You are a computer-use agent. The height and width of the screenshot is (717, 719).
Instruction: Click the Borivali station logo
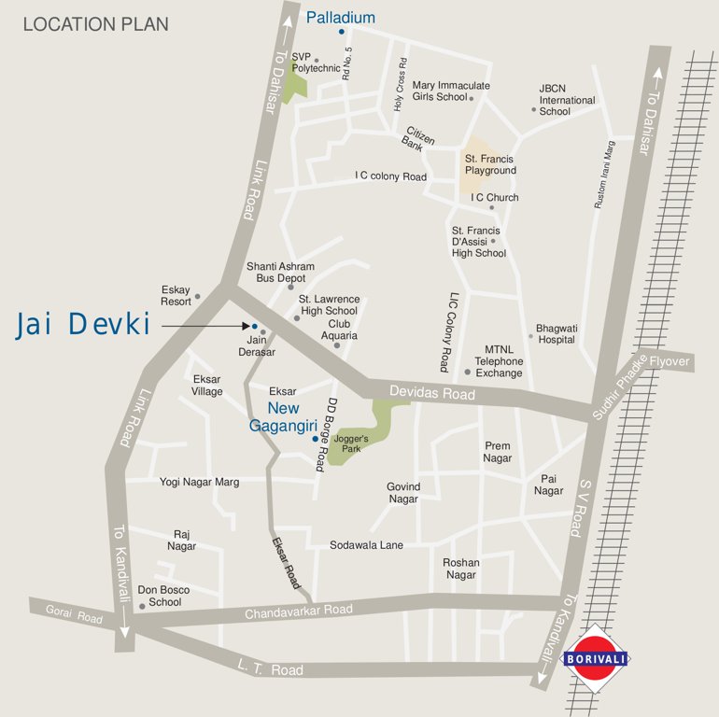594,658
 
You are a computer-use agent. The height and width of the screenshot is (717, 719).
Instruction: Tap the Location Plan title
96,24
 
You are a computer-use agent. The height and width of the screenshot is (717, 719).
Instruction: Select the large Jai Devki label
83,325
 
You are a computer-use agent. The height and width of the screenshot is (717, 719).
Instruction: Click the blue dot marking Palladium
342,32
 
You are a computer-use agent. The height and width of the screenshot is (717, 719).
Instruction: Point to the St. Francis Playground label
490,165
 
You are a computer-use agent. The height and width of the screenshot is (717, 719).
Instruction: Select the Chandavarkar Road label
299,612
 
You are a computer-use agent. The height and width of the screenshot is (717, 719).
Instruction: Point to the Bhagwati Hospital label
557,334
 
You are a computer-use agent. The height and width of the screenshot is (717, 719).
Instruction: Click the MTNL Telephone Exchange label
499,361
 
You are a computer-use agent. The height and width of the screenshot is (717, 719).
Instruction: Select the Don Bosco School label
163,597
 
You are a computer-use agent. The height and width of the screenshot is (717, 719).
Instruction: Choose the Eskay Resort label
176,295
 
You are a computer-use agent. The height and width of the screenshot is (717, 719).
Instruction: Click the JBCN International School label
566,100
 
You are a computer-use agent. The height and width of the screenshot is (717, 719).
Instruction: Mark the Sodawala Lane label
366,544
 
